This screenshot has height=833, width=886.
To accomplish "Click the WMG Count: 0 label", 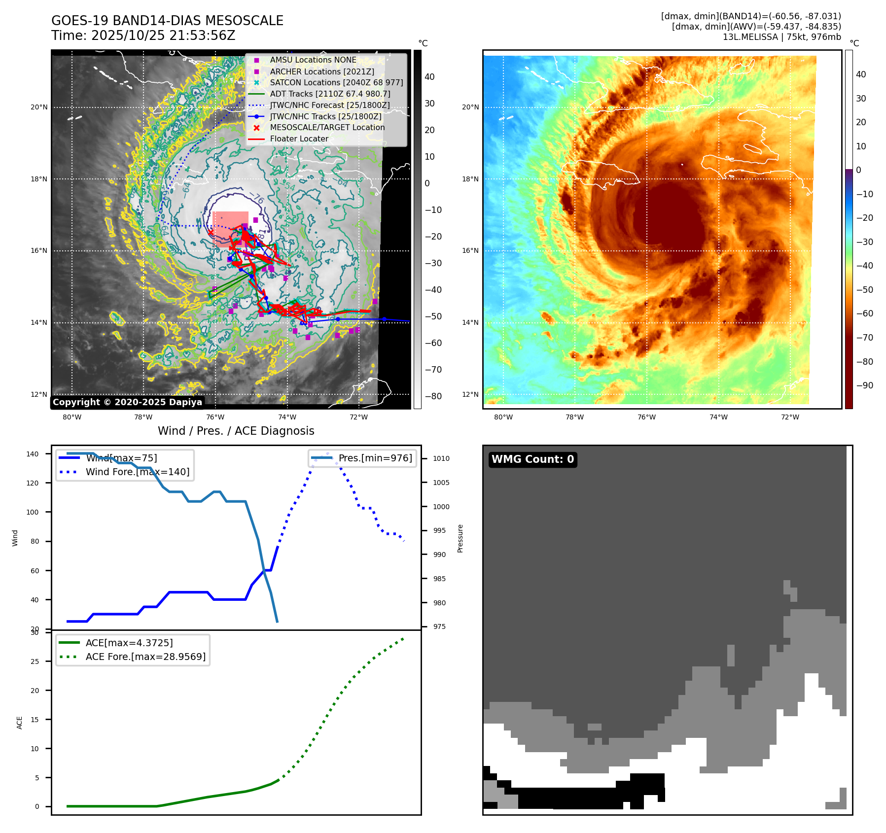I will pos(532,459).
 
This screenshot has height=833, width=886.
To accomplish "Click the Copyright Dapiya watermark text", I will pos(127,402).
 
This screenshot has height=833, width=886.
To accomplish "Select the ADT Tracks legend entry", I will pos(330,94).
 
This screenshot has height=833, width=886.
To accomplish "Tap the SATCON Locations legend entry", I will pos(336,82).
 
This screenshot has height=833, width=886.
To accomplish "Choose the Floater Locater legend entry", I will pos(299,139).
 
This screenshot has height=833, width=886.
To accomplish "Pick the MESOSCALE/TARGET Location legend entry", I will pos(327,127).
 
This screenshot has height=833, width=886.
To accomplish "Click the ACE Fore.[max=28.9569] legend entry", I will pos(145,657).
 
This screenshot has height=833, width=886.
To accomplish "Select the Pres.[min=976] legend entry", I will pos(375,458).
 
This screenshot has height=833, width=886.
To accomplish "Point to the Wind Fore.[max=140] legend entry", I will pos(137,472).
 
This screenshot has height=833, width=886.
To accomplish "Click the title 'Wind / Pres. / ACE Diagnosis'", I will pos(236,431).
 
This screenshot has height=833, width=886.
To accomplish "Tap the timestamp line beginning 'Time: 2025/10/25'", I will pos(143,35).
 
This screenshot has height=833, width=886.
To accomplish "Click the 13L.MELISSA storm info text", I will pos(781,37).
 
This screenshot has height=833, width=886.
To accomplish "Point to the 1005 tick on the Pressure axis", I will pos(441,483).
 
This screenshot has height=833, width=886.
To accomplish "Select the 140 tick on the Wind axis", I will pos(33,454).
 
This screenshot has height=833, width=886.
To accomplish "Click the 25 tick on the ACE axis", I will pos(35,661).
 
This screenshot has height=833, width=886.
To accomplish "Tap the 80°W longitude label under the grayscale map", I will pos(72,417).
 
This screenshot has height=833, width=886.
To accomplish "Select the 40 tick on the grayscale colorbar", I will pos(429,77).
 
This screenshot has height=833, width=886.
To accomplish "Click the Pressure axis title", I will pos(460,538).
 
